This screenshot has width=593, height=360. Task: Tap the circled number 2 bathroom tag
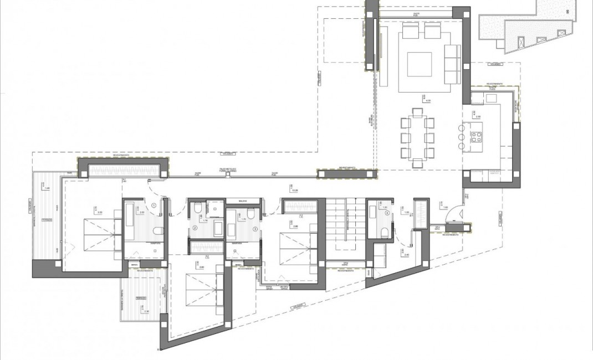195,228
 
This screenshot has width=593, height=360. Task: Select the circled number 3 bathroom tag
255,228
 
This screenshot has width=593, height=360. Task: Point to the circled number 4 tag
387,212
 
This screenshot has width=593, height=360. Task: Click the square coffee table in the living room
420,64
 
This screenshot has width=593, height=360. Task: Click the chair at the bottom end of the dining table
417,162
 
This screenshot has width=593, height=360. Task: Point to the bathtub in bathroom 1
129,221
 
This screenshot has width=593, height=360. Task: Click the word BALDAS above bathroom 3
242,200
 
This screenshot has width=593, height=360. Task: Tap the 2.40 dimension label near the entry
407,255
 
